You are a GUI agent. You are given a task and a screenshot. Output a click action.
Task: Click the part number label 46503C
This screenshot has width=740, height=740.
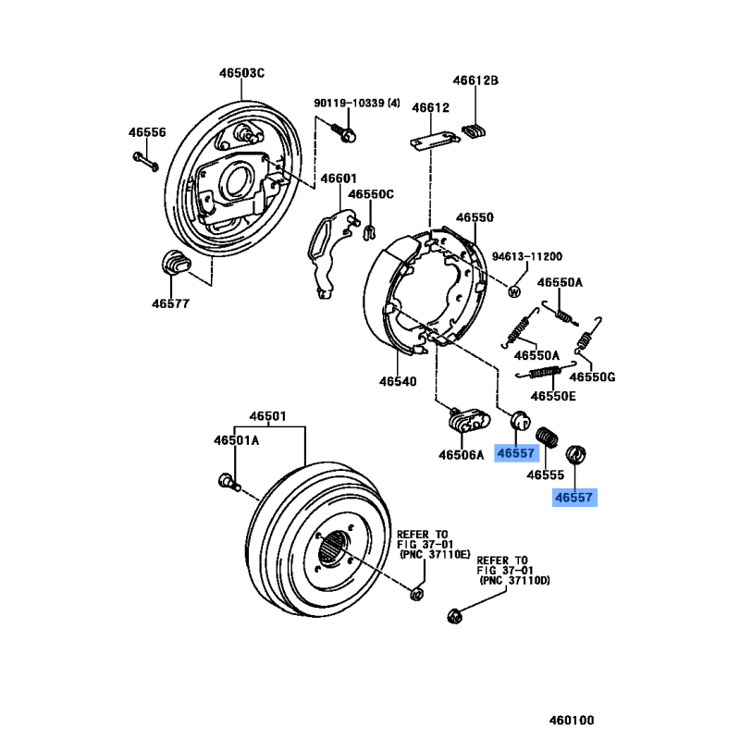pos(242,74)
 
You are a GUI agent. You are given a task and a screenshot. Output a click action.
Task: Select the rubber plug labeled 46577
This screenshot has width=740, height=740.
pos(173,265)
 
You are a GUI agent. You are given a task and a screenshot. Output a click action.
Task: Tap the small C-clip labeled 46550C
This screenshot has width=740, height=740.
pos(368,229)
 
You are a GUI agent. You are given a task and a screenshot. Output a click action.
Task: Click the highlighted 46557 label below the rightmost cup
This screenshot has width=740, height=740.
pos(575,498)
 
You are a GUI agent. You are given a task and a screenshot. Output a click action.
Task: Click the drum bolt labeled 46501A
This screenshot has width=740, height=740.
pos(227,480)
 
